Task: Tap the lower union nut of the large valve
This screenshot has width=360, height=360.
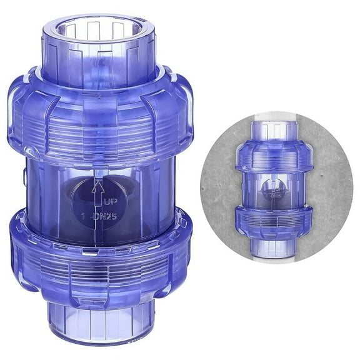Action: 100,256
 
